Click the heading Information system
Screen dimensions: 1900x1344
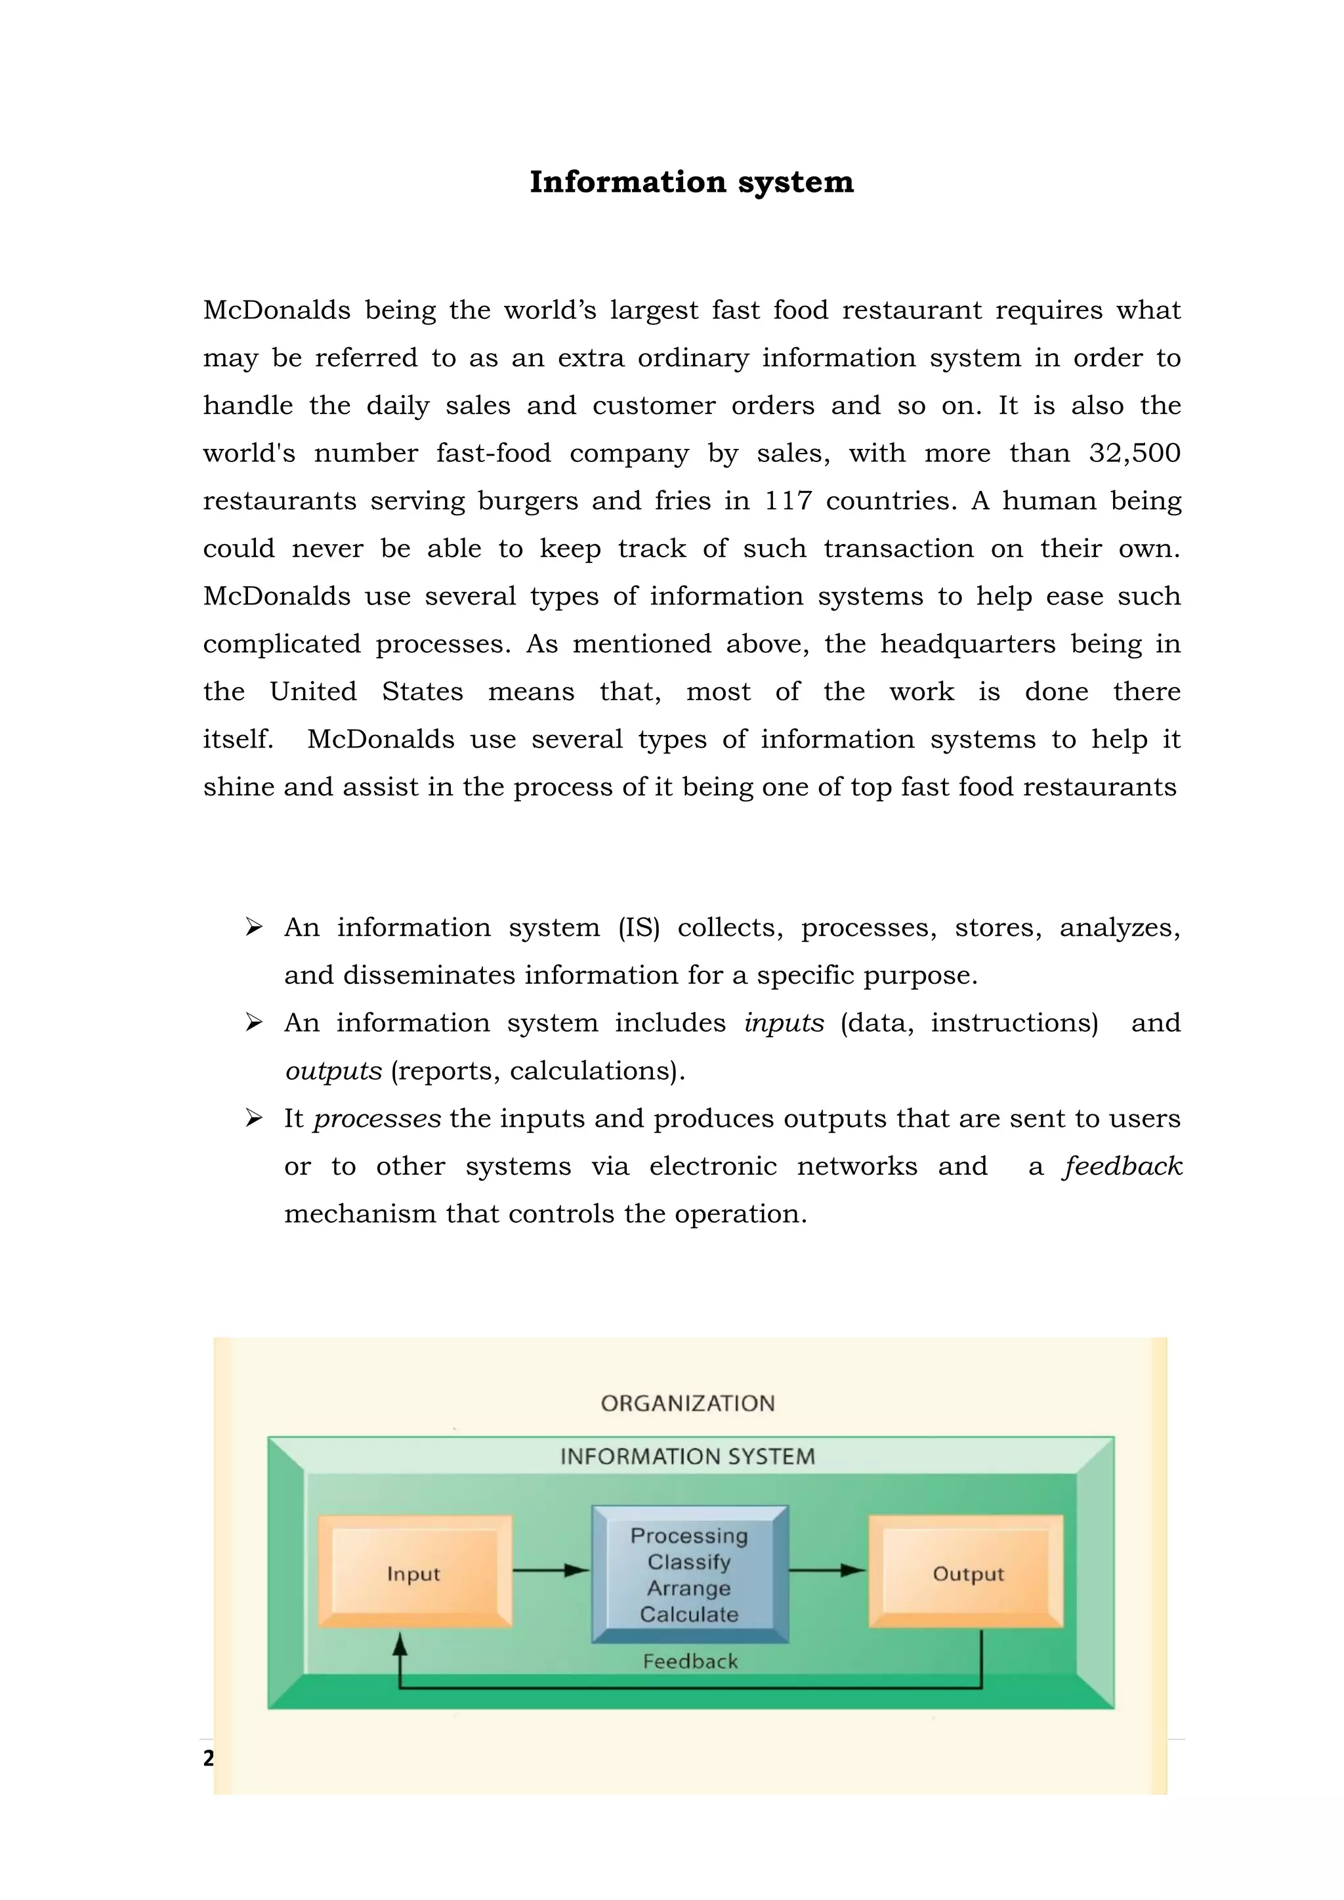click(x=691, y=182)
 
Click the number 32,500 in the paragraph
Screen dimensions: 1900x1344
click(x=1134, y=453)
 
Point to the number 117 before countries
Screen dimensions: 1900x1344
click(x=787, y=501)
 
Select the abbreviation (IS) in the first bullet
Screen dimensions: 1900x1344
click(x=639, y=927)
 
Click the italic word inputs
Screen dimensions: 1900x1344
click(x=784, y=1023)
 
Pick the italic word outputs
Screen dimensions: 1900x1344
click(x=333, y=1071)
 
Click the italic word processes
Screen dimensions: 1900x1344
click(x=377, y=1119)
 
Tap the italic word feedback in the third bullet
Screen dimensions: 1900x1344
click(x=1123, y=1166)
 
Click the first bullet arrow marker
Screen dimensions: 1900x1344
click(x=253, y=927)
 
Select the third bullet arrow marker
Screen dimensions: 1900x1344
click(x=253, y=1119)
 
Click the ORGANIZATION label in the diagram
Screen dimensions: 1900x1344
click(x=688, y=1403)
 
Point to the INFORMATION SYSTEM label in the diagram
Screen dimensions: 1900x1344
click(x=688, y=1456)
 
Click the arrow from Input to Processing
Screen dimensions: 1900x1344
click(x=551, y=1570)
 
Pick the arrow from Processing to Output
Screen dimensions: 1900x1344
click(x=827, y=1570)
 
